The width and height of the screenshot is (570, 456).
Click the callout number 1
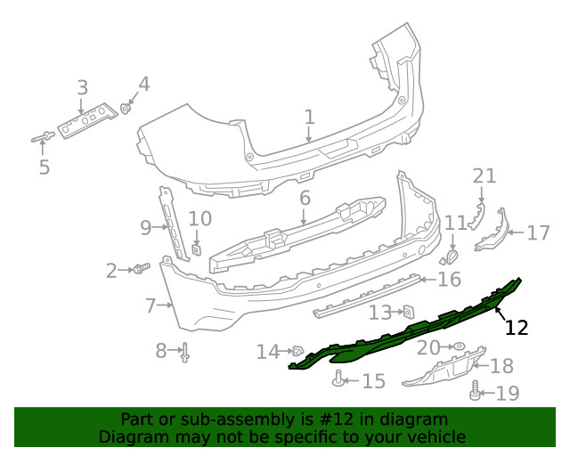[x=309, y=117]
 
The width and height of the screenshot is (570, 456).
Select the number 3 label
[x=82, y=87]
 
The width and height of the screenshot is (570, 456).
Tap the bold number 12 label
[x=516, y=328]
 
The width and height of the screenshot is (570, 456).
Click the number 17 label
[x=538, y=233]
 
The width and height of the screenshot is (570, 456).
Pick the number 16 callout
[x=449, y=280]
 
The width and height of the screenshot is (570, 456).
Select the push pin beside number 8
[x=185, y=353]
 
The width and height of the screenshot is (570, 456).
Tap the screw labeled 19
[x=475, y=389]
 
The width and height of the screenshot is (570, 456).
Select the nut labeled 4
[x=126, y=109]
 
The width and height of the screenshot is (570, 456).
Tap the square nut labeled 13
[x=407, y=311]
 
